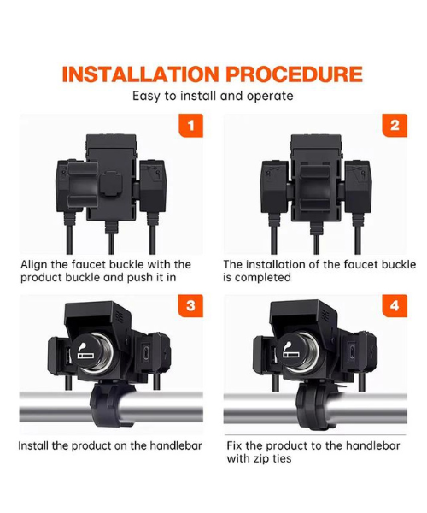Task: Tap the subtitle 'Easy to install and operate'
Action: (213, 95)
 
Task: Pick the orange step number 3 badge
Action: (192, 306)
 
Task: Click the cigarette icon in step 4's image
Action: (290, 351)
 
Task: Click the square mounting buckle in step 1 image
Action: (109, 186)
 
